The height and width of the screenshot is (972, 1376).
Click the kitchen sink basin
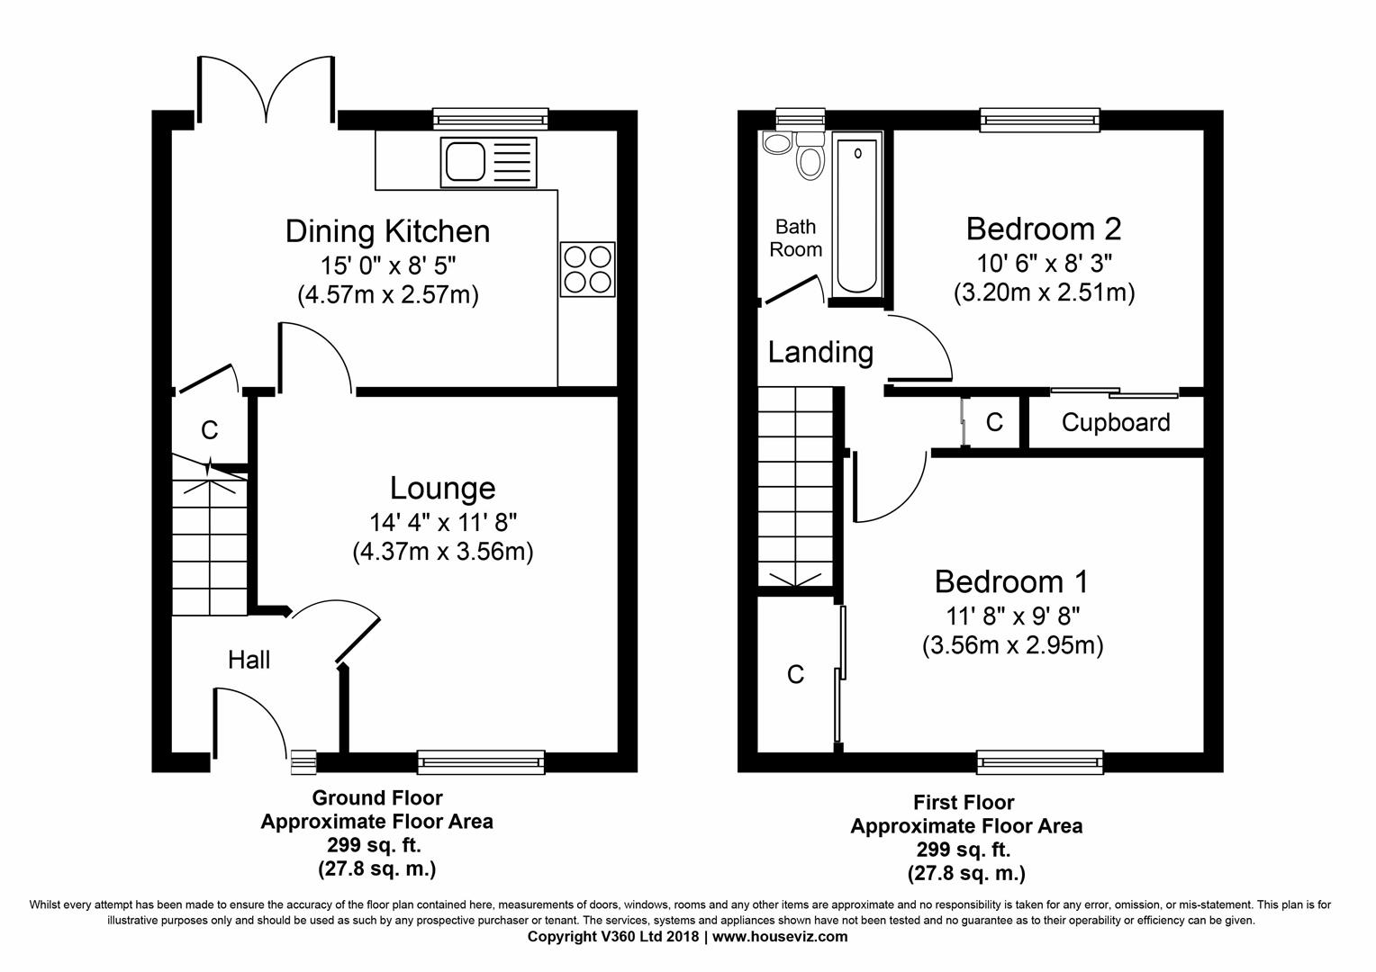coord(465,161)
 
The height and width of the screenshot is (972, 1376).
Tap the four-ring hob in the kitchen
coord(588,269)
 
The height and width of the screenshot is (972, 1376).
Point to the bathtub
coord(857,218)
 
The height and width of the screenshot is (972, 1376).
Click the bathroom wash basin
coord(776,142)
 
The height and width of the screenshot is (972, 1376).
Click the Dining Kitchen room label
coord(387,231)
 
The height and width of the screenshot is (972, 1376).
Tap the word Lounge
coord(443,488)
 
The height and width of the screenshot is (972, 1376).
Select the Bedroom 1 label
coord(1011,581)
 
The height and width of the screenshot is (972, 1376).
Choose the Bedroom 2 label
coord(1044,229)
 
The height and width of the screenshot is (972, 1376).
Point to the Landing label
coord(820,353)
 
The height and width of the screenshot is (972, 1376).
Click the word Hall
coord(249,660)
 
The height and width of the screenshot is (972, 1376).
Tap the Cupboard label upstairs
coord(1116,422)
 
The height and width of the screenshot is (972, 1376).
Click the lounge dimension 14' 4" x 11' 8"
coord(443,523)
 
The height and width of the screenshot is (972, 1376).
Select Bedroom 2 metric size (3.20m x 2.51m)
coord(1045,292)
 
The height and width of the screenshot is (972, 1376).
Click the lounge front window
coord(481,762)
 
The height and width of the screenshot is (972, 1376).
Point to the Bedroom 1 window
coord(1040,762)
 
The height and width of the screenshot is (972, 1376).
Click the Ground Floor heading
coord(377,797)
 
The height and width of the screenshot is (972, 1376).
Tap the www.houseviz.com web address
coord(780,937)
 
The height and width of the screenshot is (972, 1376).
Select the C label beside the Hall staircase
coord(210,430)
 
